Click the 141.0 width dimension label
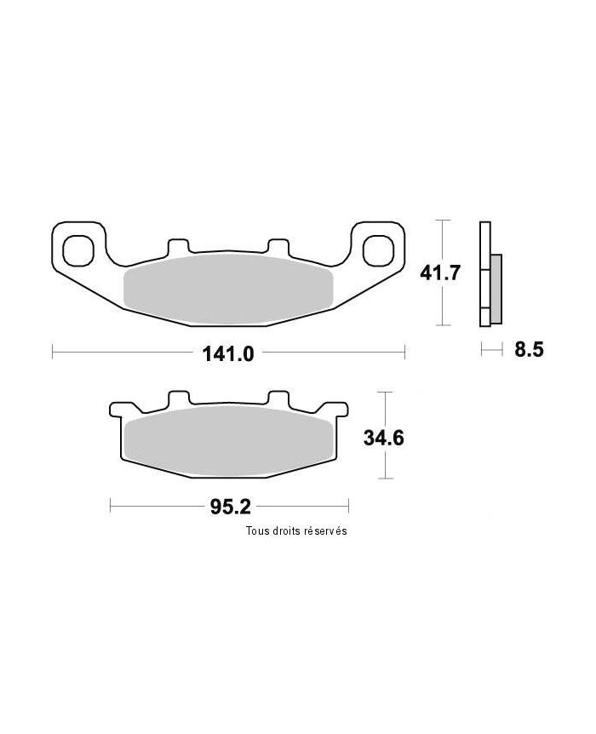coord(229,353)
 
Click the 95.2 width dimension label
coord(229,507)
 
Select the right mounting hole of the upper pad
coord(377,249)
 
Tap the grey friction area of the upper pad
coord(228,289)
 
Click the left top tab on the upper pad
coord(178,246)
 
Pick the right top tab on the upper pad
coord(278,246)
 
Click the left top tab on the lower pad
coord(178,399)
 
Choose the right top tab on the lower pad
coord(278,399)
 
